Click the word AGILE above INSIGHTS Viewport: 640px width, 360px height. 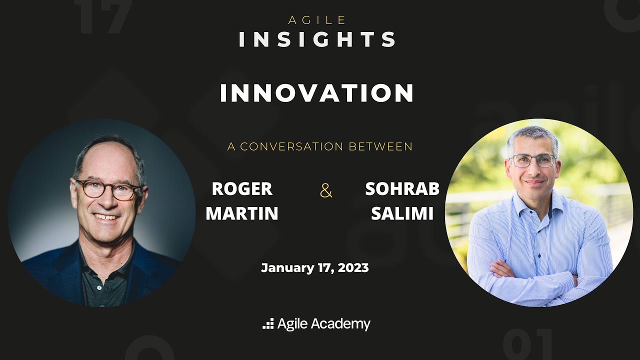pos(317,20)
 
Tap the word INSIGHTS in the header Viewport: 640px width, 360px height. pos(317,40)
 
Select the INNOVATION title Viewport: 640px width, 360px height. pos(317,93)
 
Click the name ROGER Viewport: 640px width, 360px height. pos(242,189)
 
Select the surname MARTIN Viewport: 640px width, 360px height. pos(242,213)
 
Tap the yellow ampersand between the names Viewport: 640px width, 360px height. pos(326,190)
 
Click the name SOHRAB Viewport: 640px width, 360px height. pos(402,189)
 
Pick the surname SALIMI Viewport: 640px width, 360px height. pos(402,213)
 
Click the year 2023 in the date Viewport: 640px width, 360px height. pos(353,268)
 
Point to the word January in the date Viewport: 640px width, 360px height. pos(287,268)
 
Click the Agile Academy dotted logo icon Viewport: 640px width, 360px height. pos(268,324)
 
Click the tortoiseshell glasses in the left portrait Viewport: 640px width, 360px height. pos(107,189)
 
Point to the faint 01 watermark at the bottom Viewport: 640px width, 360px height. pos(527,345)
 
